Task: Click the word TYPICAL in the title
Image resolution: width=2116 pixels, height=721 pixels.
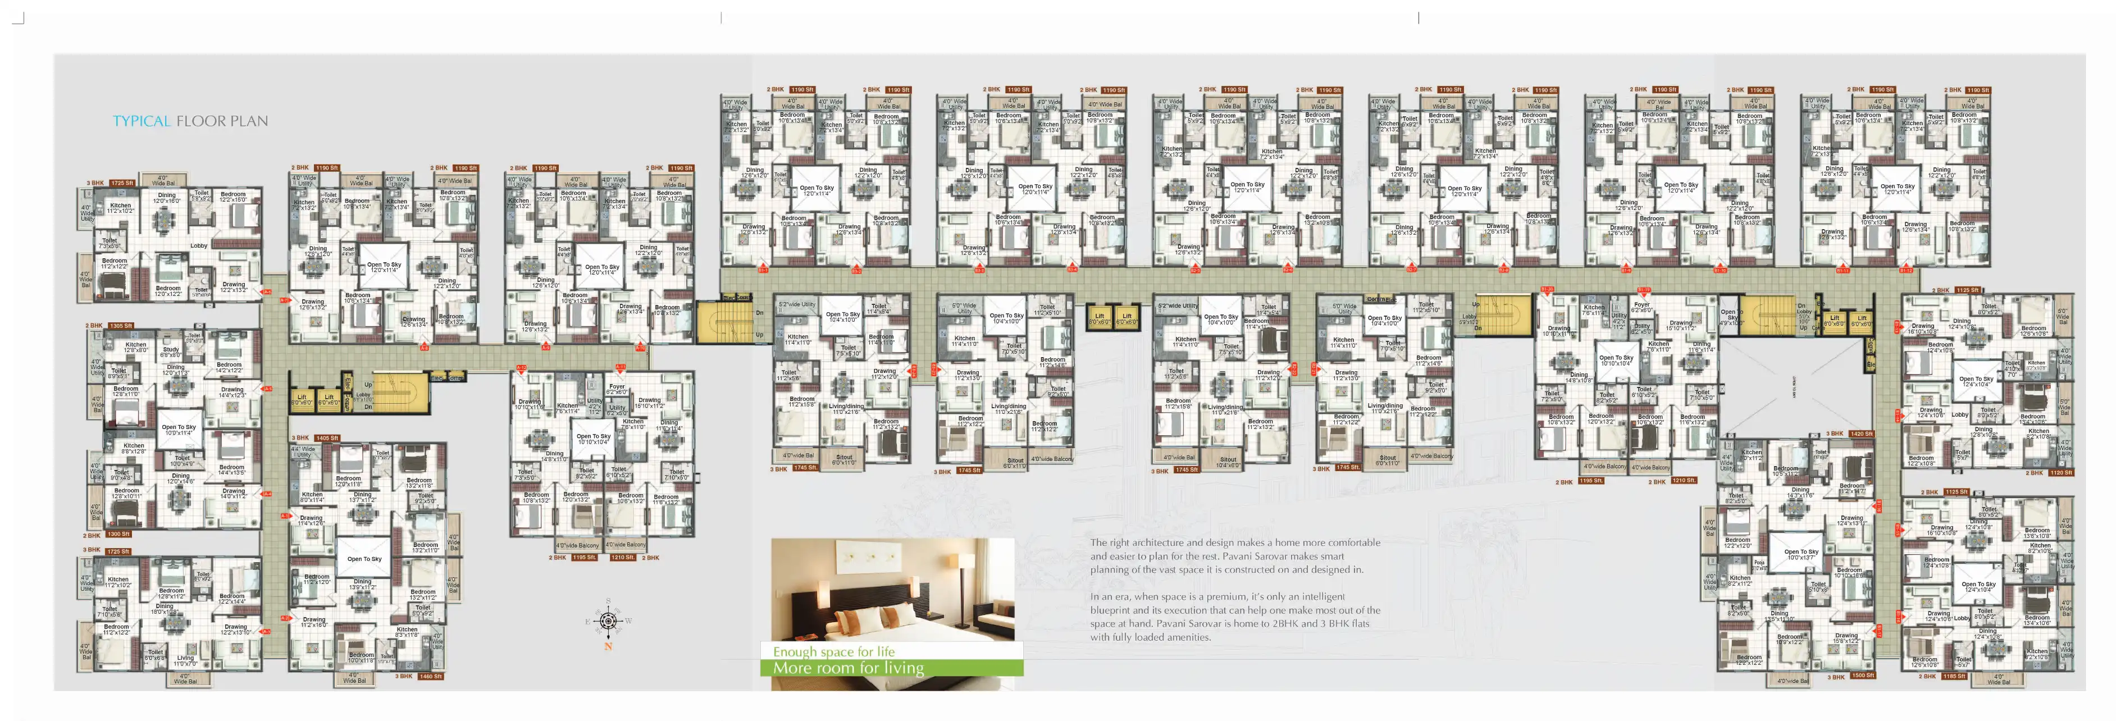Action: tap(142, 121)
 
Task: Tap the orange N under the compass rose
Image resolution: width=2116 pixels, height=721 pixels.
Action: tap(608, 646)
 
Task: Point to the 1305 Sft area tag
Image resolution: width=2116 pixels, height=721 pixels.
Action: tap(120, 325)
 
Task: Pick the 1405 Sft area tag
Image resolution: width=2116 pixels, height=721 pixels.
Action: tap(326, 437)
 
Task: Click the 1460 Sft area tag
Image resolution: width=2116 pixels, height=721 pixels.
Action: tap(430, 676)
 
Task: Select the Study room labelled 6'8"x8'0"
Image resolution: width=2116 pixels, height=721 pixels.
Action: tap(170, 352)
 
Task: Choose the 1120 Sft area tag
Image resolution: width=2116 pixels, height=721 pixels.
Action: tap(2060, 472)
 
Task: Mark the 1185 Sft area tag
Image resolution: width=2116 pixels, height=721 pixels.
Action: tap(1953, 676)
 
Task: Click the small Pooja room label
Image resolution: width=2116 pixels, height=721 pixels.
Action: tap(1759, 565)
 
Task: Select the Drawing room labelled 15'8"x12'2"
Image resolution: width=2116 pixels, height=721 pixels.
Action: tap(1846, 637)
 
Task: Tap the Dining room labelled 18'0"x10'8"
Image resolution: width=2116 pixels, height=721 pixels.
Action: tap(165, 609)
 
